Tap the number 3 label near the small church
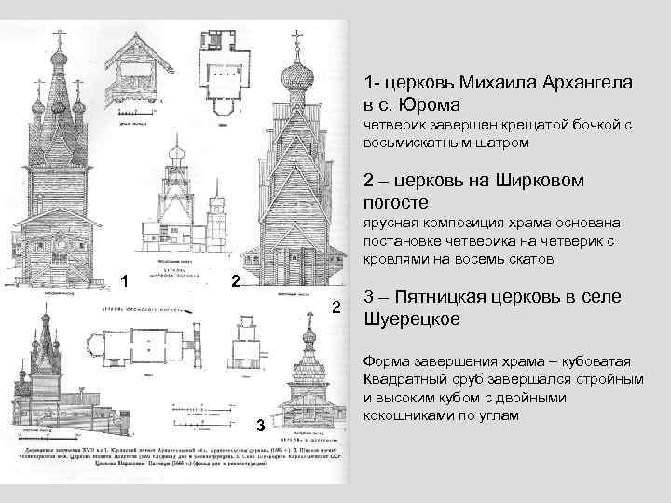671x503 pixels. tap(262, 426)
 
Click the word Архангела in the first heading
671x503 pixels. tap(577, 83)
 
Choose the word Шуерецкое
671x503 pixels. tap(407, 320)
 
